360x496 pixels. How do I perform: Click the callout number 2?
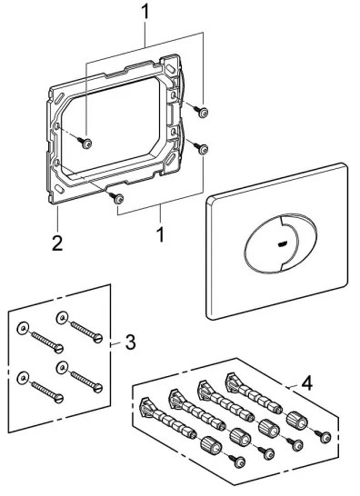57,243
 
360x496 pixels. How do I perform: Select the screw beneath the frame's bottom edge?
115,196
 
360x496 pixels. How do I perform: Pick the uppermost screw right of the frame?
201,112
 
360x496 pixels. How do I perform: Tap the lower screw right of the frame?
202,149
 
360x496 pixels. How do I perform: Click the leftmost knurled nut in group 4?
208,445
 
